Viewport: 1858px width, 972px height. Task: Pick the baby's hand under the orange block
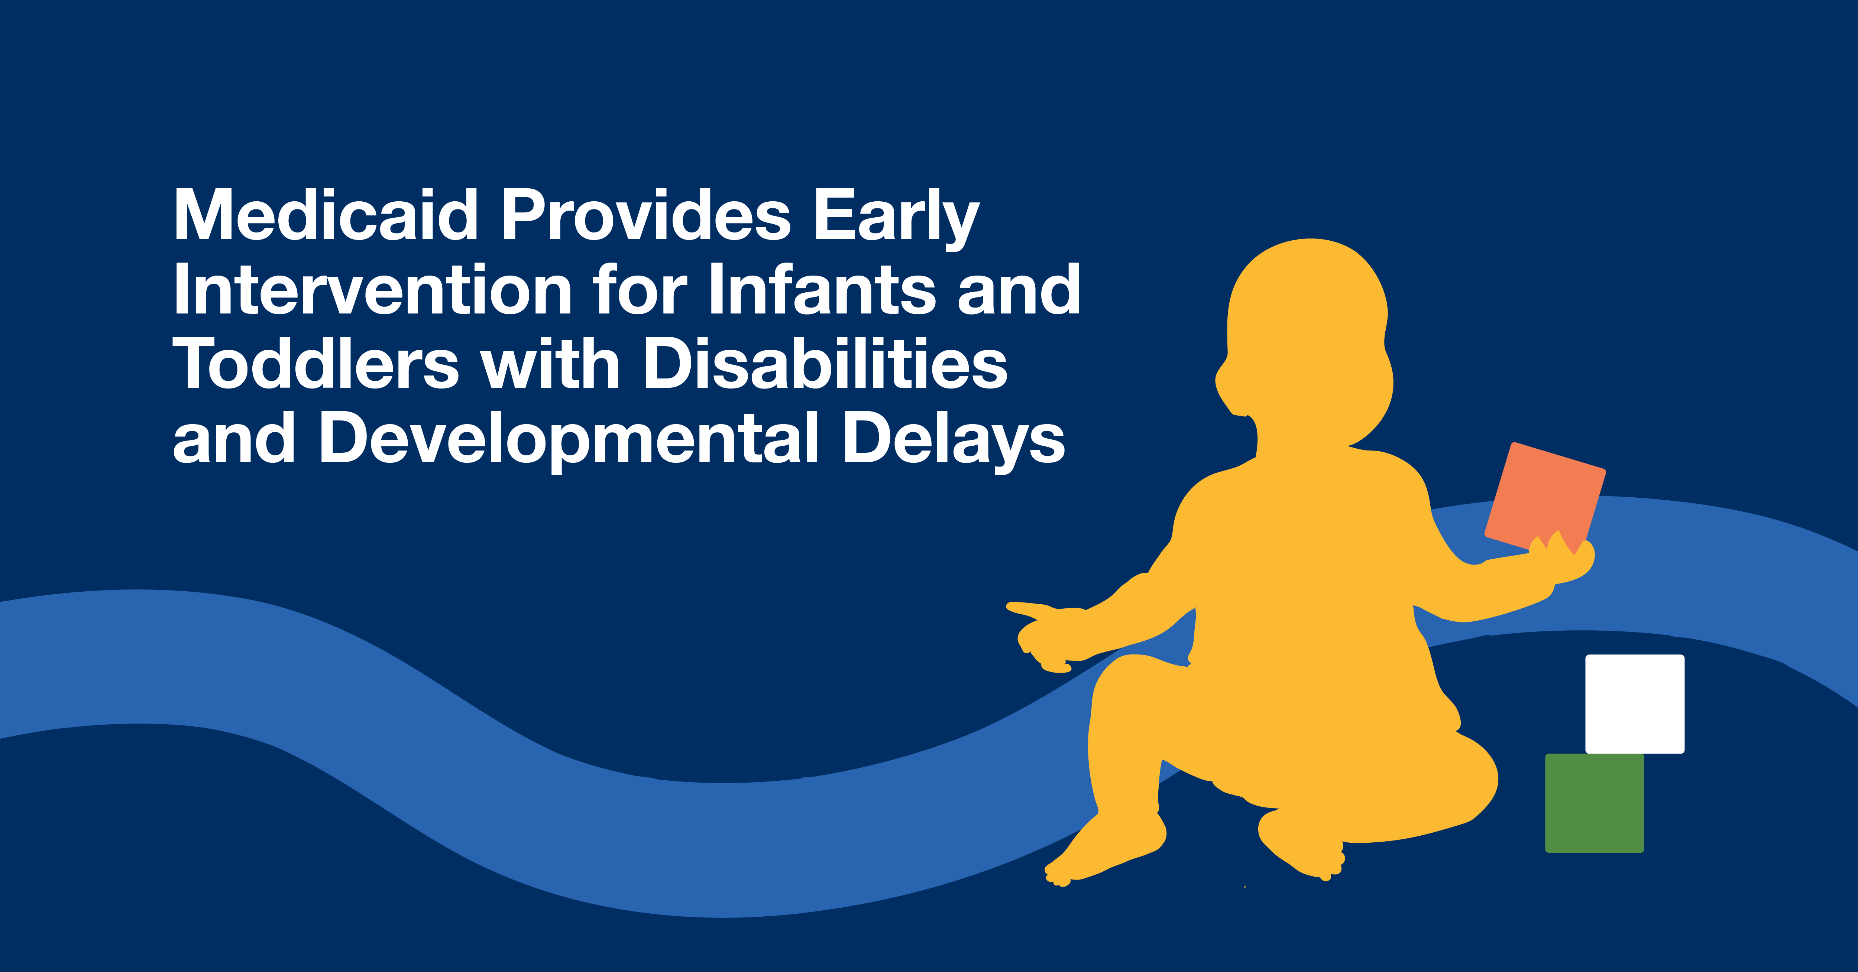click(1561, 559)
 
